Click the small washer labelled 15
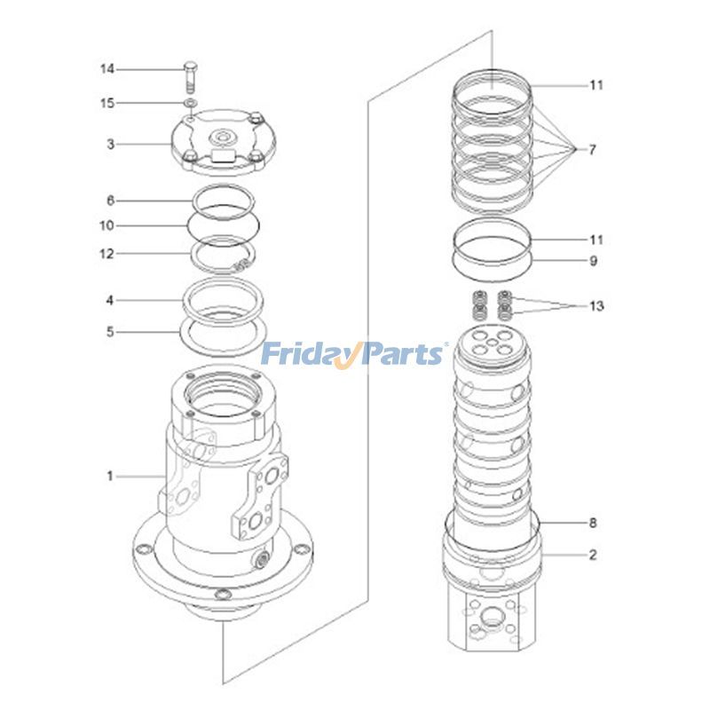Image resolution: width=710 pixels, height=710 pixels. [x=191, y=105]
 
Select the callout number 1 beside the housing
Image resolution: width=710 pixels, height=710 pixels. [x=111, y=477]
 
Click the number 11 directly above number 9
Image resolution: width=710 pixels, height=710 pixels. [x=596, y=240]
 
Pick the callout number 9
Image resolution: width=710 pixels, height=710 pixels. [x=594, y=261]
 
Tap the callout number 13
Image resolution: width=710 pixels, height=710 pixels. [x=596, y=306]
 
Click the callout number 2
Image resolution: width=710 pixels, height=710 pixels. [x=592, y=556]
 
